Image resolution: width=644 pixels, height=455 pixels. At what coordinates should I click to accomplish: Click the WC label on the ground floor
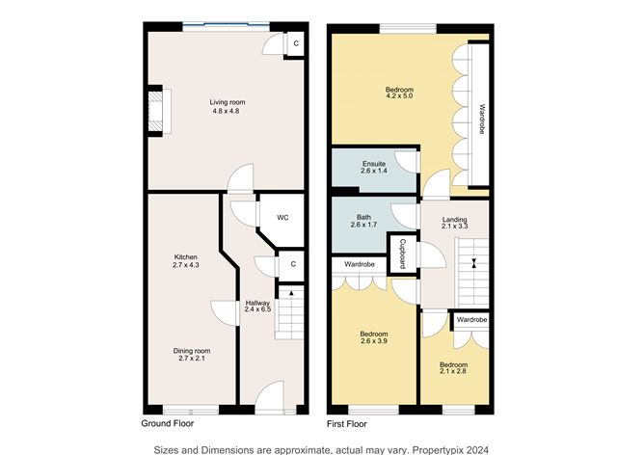click(282, 218)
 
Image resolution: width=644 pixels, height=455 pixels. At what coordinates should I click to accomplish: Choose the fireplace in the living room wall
click(155, 109)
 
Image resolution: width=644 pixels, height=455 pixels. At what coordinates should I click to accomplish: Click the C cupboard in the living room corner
click(296, 43)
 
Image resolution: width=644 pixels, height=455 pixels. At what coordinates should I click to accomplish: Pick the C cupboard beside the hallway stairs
click(291, 263)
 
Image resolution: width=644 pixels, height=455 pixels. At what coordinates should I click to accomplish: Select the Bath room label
click(363, 218)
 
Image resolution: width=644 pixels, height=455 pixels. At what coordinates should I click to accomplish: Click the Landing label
click(454, 220)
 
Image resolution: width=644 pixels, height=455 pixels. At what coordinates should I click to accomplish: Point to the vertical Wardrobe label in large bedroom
click(481, 120)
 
